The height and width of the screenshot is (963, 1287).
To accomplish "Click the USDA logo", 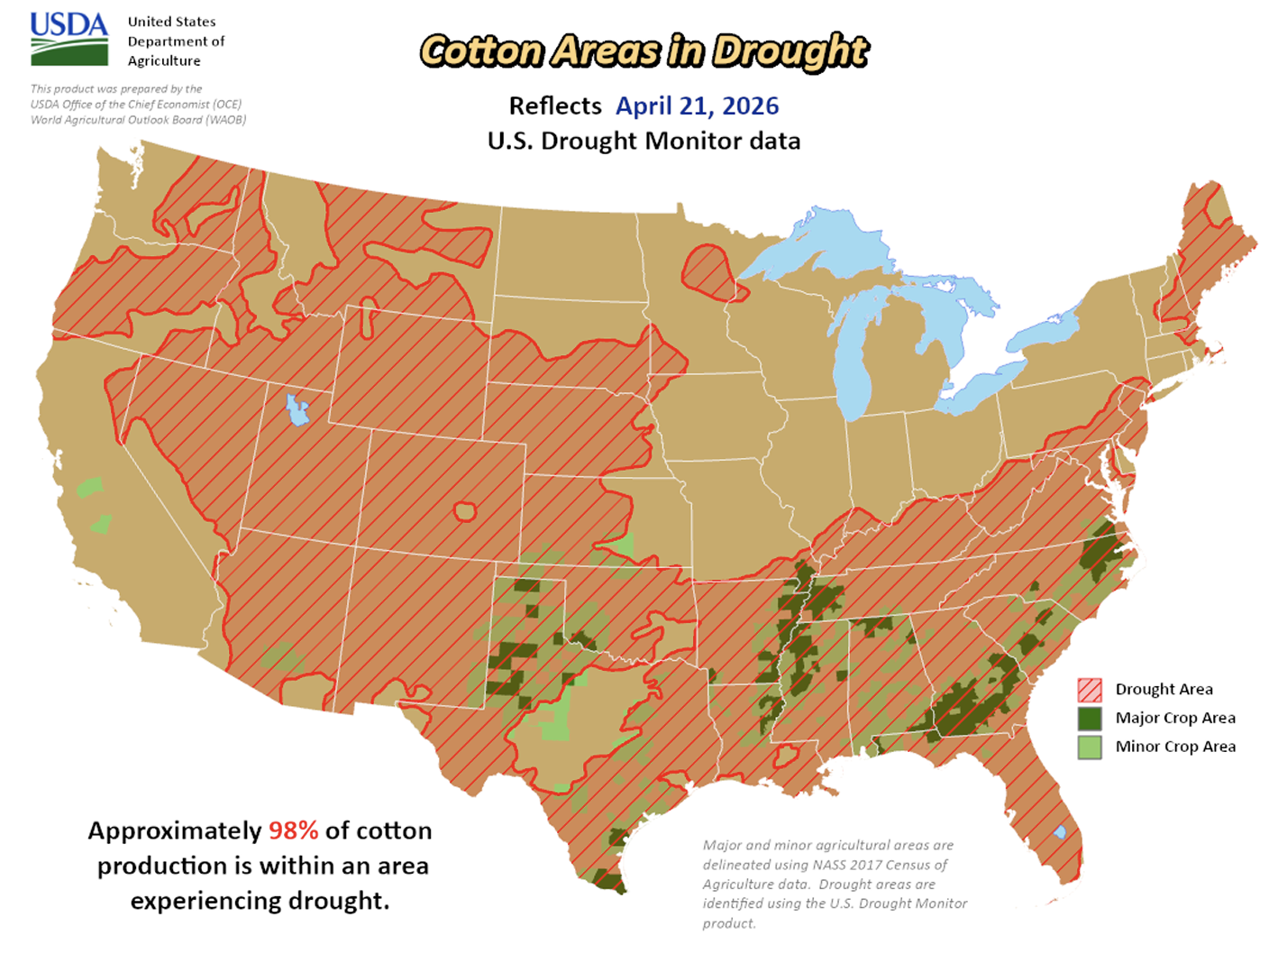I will (x=68, y=40).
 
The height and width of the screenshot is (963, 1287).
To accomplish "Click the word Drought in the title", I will (x=790, y=52).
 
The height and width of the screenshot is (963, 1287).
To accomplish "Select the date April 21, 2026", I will (x=697, y=106).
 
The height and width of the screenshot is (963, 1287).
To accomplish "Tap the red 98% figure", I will (x=293, y=830).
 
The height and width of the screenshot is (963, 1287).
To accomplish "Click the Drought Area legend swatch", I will (x=1090, y=690).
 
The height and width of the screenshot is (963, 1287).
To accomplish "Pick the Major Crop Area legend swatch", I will (x=1090, y=719).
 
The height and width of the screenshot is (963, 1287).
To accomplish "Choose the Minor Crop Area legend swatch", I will (x=1090, y=747).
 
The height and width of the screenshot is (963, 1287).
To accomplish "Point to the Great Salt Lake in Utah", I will (x=297, y=410).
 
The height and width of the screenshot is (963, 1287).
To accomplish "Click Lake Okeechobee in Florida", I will (x=1060, y=831).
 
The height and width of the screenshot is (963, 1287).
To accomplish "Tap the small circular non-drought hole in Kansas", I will (x=464, y=512).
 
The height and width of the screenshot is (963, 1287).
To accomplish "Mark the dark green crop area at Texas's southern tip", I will (x=609, y=883).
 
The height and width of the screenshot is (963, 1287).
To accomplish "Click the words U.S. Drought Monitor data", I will (x=643, y=142).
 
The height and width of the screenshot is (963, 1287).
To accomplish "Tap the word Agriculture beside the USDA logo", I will (x=164, y=61).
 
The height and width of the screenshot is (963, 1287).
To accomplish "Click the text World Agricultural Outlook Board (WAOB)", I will (x=138, y=120).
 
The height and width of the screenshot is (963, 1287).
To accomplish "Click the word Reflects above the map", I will (x=554, y=106).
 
